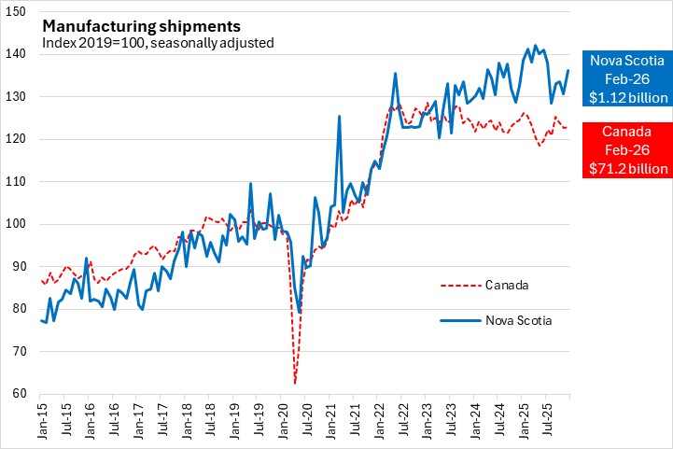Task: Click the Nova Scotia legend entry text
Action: [x=518, y=321]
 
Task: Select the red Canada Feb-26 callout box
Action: [x=625, y=149]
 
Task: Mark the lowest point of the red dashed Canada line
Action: [x=295, y=383]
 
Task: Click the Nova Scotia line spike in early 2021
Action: [x=339, y=117]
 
